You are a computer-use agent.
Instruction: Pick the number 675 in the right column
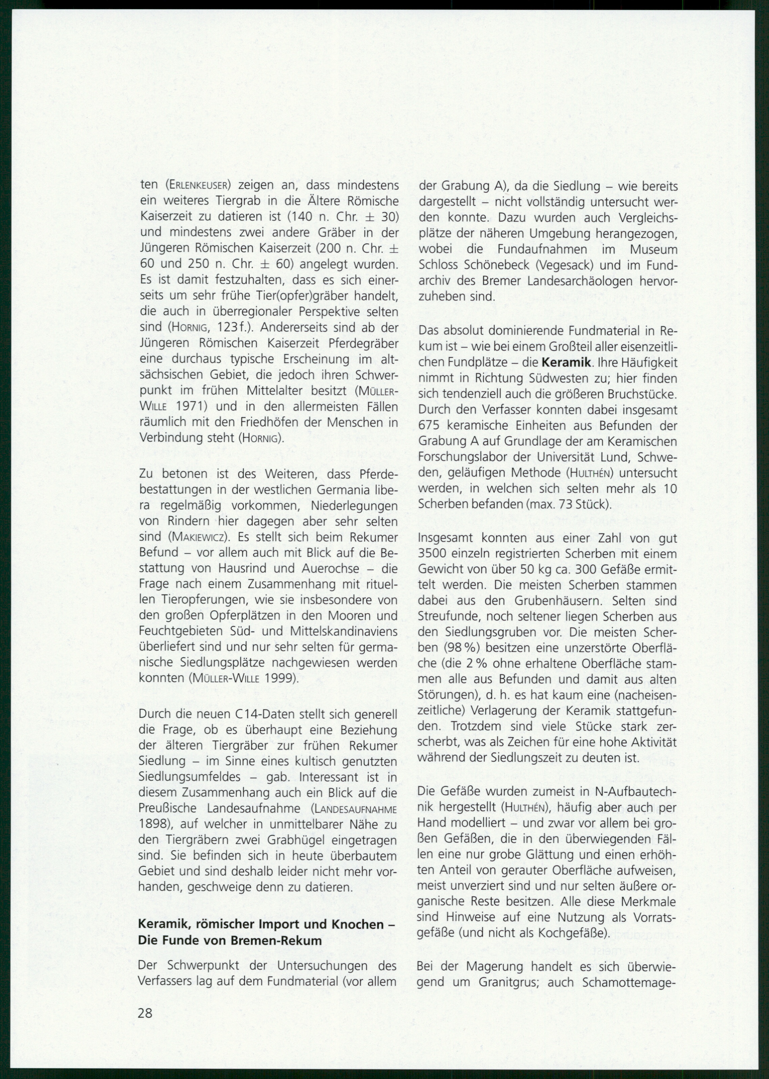tap(430, 426)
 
